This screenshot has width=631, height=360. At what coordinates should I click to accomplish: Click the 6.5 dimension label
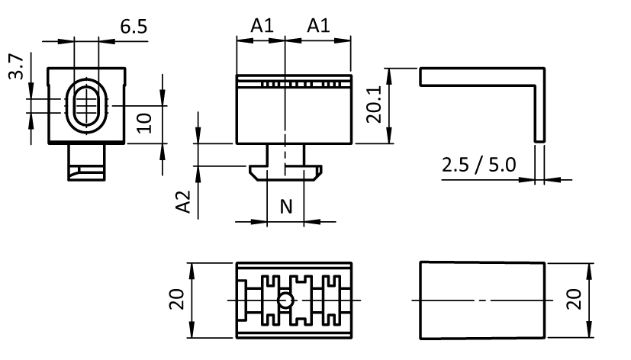(x=134, y=27)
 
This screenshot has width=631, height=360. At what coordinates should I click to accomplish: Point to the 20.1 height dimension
(x=373, y=105)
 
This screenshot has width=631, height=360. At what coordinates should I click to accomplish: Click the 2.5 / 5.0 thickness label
(x=478, y=165)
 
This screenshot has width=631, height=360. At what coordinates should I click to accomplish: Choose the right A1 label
(x=318, y=25)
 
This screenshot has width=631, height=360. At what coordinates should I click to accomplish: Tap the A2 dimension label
(x=183, y=202)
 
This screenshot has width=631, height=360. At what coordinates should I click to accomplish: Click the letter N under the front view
(x=286, y=205)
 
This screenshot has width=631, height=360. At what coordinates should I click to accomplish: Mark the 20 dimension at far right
(x=575, y=299)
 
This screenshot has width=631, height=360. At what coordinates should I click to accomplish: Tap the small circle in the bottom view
(x=285, y=301)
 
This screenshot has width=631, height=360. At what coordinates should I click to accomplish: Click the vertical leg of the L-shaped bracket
(x=540, y=107)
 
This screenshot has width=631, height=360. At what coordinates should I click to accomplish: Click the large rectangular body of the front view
(x=294, y=114)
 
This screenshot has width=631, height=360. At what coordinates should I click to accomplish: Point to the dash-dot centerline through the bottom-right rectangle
(x=458, y=300)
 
